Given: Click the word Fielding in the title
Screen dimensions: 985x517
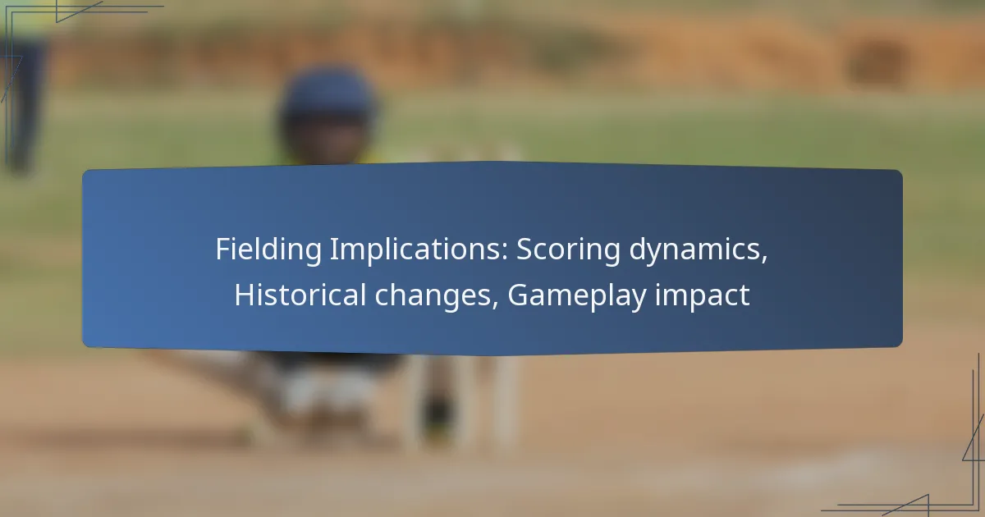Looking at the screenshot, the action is pos(268,250).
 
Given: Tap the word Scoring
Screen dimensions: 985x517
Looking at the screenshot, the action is pos(568,250).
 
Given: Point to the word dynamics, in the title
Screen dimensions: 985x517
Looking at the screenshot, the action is pos(699,249).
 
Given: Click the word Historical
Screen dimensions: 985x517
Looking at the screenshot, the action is pos(300,295).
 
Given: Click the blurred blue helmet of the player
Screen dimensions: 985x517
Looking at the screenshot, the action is pos(328,96).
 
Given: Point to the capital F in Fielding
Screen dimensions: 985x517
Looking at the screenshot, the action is pos(223,249).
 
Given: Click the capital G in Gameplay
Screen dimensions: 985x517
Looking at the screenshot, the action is pos(519,295).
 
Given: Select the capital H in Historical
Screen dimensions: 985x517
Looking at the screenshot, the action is pos(245,295).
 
